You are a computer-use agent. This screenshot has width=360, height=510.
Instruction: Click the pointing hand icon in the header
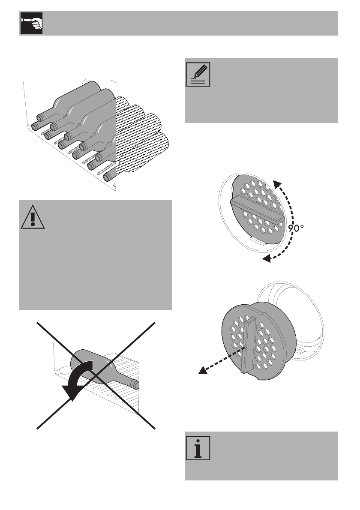[31, 24]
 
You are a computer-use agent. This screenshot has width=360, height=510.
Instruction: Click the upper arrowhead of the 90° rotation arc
[278, 185]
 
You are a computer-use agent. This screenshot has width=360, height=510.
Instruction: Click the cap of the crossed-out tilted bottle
[135, 384]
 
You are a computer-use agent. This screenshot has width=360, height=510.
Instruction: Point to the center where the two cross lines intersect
[95, 374]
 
